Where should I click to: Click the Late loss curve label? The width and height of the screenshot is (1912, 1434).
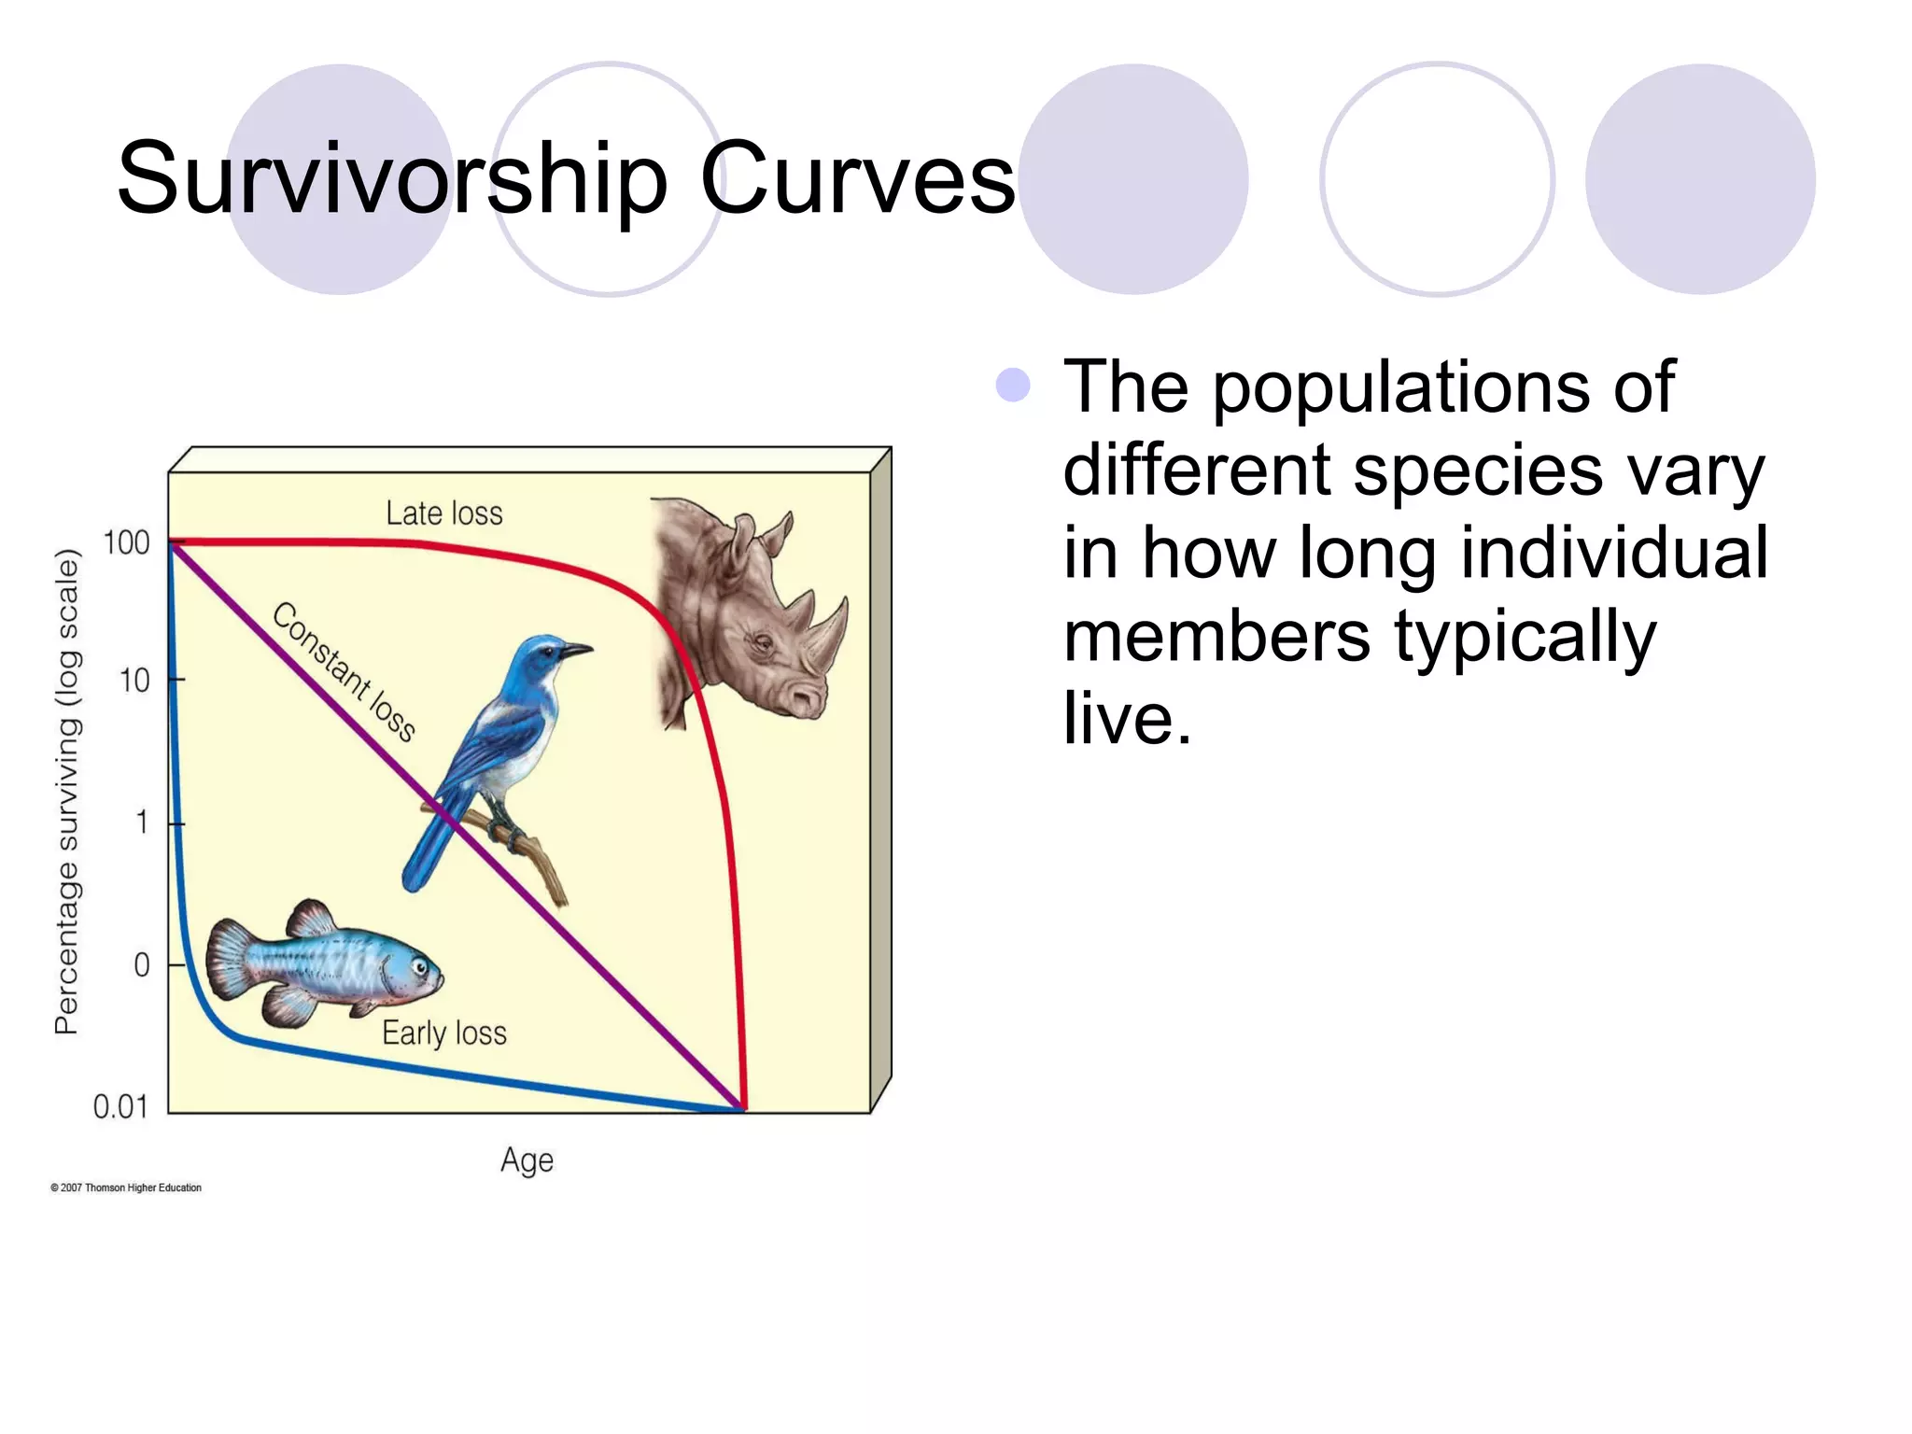(x=444, y=513)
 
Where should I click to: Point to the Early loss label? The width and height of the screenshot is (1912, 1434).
(x=444, y=1033)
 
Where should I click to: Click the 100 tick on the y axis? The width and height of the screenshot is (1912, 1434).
(x=126, y=542)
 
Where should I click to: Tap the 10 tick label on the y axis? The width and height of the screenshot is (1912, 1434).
(x=134, y=681)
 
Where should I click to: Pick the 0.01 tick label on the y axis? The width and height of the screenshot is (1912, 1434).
(x=120, y=1107)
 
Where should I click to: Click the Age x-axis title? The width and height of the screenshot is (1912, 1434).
(x=527, y=1160)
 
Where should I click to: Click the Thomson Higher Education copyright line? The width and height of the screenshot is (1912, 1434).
(x=126, y=1188)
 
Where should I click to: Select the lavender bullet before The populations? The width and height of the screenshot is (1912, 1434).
(x=1013, y=385)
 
